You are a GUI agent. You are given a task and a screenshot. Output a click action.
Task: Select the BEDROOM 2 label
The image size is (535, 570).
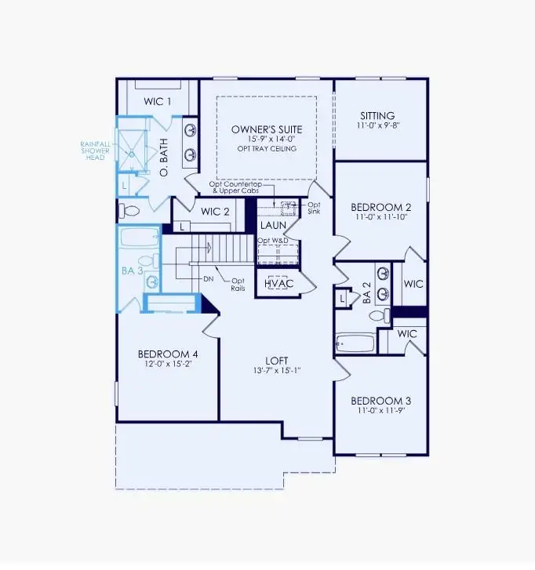380,207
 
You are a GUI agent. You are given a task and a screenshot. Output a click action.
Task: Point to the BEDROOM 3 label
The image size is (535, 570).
380,401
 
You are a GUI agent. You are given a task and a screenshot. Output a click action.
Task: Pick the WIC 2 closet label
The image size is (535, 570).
214,211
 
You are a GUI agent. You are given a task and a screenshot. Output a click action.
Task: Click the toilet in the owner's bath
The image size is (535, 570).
131,210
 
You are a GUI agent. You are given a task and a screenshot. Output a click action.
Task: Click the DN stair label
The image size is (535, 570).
209,279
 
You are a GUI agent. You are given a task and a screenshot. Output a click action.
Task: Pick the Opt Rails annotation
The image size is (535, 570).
238,284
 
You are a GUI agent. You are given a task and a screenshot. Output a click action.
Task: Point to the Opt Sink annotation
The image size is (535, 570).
313,208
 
